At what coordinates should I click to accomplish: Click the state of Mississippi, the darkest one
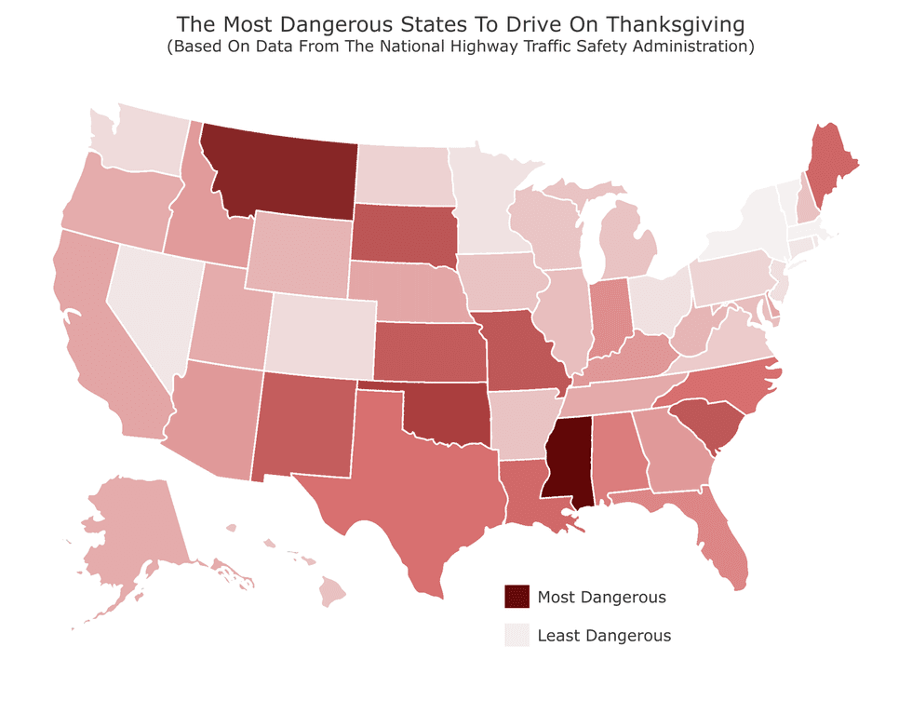569,460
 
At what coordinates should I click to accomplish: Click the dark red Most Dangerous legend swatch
516,597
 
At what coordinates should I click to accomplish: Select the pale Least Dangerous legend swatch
516,635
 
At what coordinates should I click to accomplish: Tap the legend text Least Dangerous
604,636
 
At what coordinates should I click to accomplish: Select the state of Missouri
521,353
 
